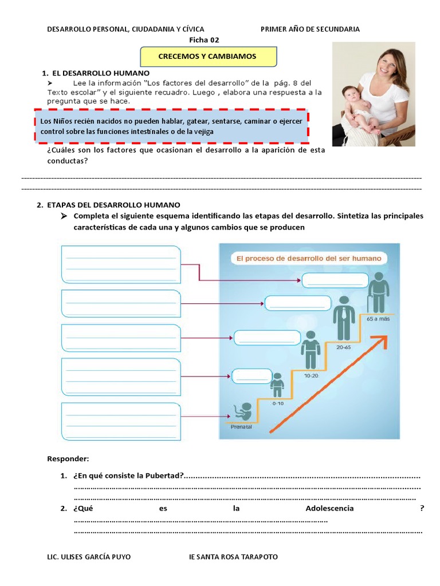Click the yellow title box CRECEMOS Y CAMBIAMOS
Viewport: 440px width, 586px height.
point(209,57)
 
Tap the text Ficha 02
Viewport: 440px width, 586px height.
point(204,39)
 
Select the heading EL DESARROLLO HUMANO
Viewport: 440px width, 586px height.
point(101,73)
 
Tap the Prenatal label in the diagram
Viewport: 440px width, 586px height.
point(241,426)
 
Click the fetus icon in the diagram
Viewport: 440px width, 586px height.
point(244,410)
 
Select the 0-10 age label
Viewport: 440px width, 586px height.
point(278,403)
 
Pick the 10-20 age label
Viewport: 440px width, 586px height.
point(311,376)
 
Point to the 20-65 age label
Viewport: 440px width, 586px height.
point(344,347)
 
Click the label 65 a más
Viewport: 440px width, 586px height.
point(378,319)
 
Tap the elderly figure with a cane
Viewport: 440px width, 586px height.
point(378,292)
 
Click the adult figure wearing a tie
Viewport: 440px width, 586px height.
point(344,318)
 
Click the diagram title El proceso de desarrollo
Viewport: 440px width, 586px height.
point(309,259)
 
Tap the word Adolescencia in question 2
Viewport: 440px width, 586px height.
point(329,508)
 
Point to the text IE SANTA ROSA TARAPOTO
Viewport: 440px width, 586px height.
point(233,557)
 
